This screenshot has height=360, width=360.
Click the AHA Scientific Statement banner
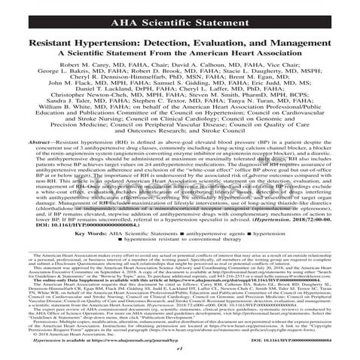click(179, 11)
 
